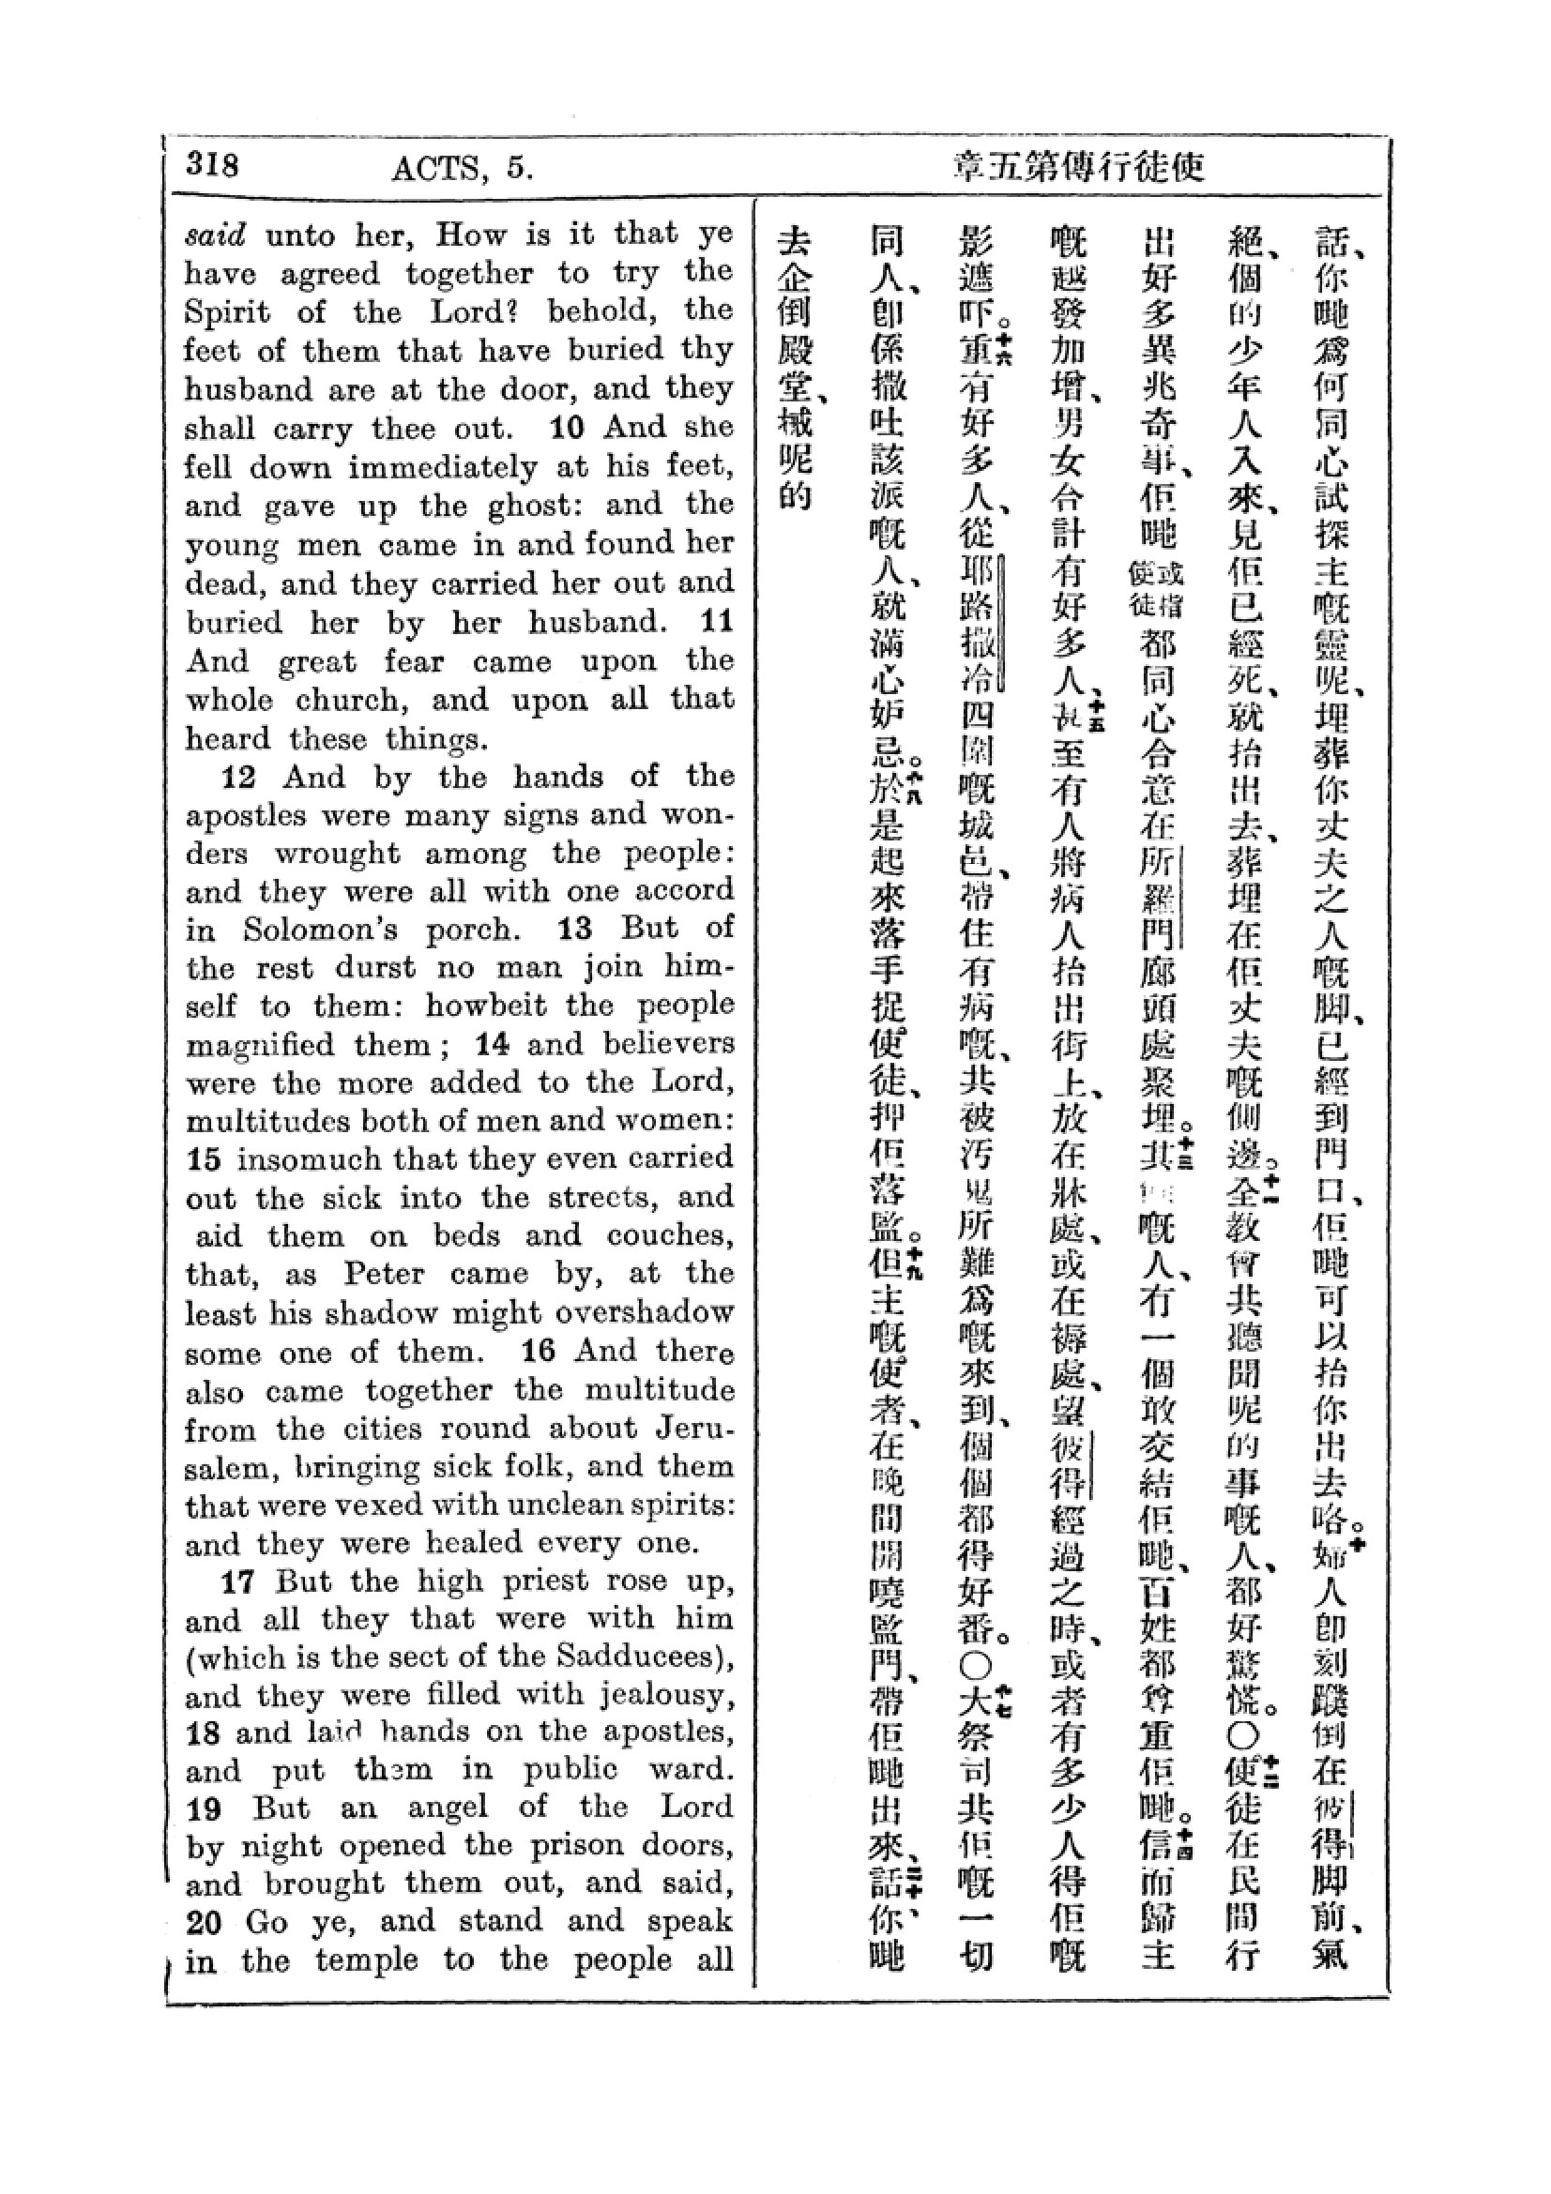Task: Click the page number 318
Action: click(x=212, y=164)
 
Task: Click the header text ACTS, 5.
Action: click(x=462, y=168)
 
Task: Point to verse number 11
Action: click(x=717, y=622)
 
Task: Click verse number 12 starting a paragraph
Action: click(x=239, y=777)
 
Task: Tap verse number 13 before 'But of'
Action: click(x=575, y=929)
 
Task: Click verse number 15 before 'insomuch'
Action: click(x=204, y=1160)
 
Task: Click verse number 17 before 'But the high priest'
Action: click(x=239, y=1582)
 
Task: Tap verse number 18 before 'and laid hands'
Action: click(x=204, y=1734)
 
